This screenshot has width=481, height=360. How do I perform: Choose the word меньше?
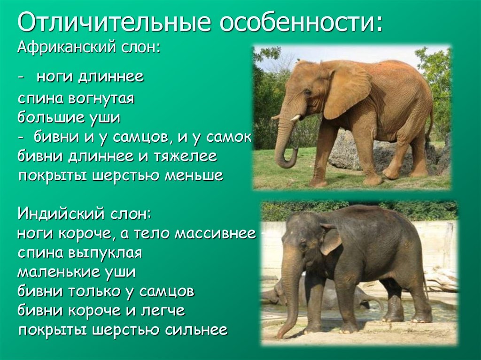[194, 176]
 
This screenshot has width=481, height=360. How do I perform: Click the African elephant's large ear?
[347, 89]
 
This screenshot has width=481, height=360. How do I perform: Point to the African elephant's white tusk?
[295, 118]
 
